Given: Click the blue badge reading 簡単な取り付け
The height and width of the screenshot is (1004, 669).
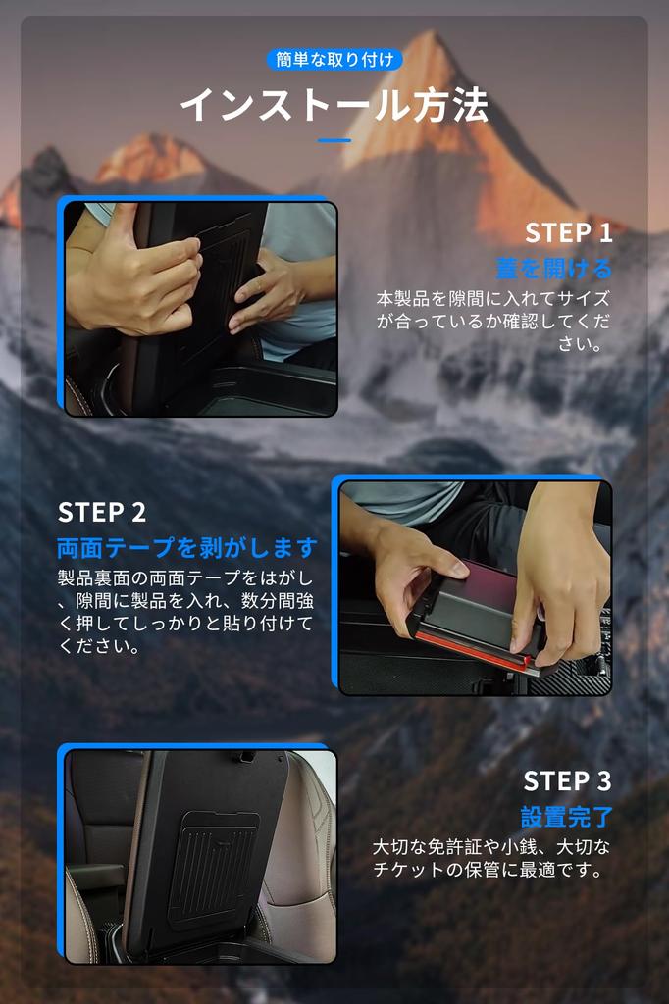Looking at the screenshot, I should point(334,60).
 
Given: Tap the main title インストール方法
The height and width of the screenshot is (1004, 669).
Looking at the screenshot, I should point(334,105).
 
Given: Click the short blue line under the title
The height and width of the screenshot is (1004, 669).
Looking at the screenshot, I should point(334,140).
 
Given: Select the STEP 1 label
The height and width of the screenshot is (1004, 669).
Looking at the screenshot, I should point(568,233).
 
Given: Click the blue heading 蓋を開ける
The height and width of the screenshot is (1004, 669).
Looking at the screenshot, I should point(553,269).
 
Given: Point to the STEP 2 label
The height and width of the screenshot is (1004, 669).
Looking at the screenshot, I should point(102,512).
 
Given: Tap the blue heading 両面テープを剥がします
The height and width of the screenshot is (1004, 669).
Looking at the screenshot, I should point(187,547).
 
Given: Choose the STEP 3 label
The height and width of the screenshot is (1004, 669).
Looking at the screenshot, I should point(567,781).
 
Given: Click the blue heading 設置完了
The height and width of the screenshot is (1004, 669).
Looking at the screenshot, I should point(566,817).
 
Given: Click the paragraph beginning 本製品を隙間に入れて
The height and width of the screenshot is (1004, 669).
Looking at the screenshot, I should point(493,321).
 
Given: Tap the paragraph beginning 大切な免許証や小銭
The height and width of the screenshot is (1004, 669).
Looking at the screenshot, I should point(491,858).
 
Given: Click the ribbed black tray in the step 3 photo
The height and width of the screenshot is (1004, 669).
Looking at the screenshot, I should point(213,867).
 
